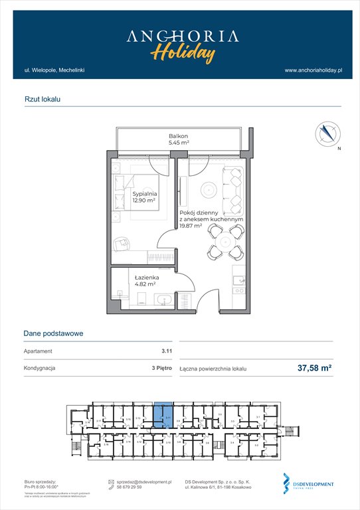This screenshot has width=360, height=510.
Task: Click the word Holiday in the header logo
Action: pos(182,52)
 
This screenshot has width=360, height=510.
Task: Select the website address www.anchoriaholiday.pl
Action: pos(312,70)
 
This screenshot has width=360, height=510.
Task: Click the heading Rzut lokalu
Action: pos(42,99)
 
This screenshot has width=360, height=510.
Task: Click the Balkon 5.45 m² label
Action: pos(179,139)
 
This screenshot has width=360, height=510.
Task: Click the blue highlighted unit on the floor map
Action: pos(161,418)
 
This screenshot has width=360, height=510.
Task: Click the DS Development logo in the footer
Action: pos(308,485)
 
